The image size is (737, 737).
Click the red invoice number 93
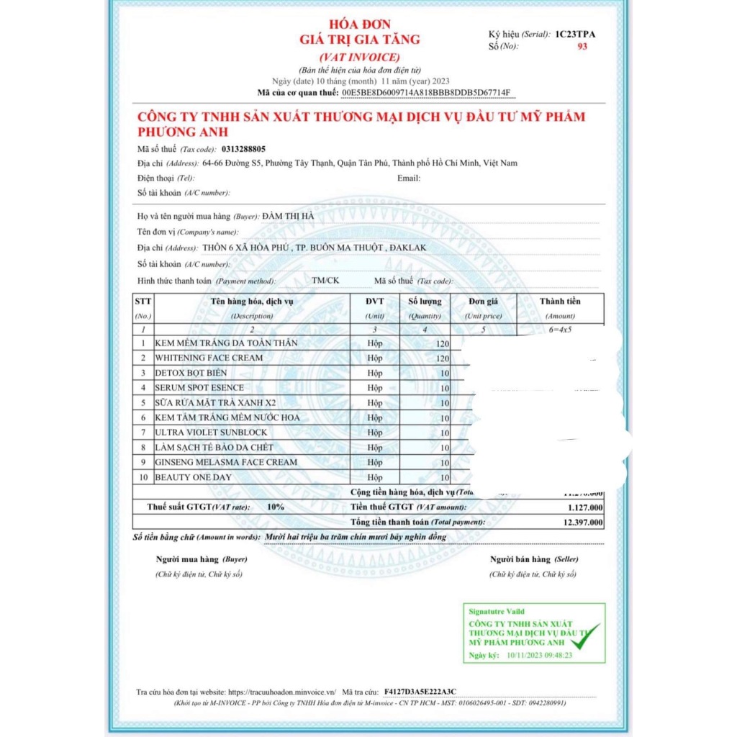pos(582,46)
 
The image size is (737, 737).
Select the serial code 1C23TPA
pos(575,34)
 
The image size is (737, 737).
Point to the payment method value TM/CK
pos(325,280)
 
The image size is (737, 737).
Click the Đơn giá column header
pos(483,301)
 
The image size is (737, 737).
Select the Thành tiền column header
pos(560,301)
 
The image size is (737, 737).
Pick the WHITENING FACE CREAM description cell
pos(209,358)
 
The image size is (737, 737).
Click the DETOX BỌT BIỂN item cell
pos(191,373)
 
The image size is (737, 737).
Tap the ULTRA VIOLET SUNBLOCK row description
pos(211,433)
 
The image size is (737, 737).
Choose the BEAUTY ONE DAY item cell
pos(193,477)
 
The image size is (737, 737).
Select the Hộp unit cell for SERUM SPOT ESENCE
pos(375,388)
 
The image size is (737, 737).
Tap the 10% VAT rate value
pos(275,507)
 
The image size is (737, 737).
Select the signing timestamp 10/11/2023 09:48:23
pos(539,655)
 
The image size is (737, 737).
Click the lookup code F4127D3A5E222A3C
pos(420,692)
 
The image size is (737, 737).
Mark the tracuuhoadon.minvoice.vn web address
pos(282,692)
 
